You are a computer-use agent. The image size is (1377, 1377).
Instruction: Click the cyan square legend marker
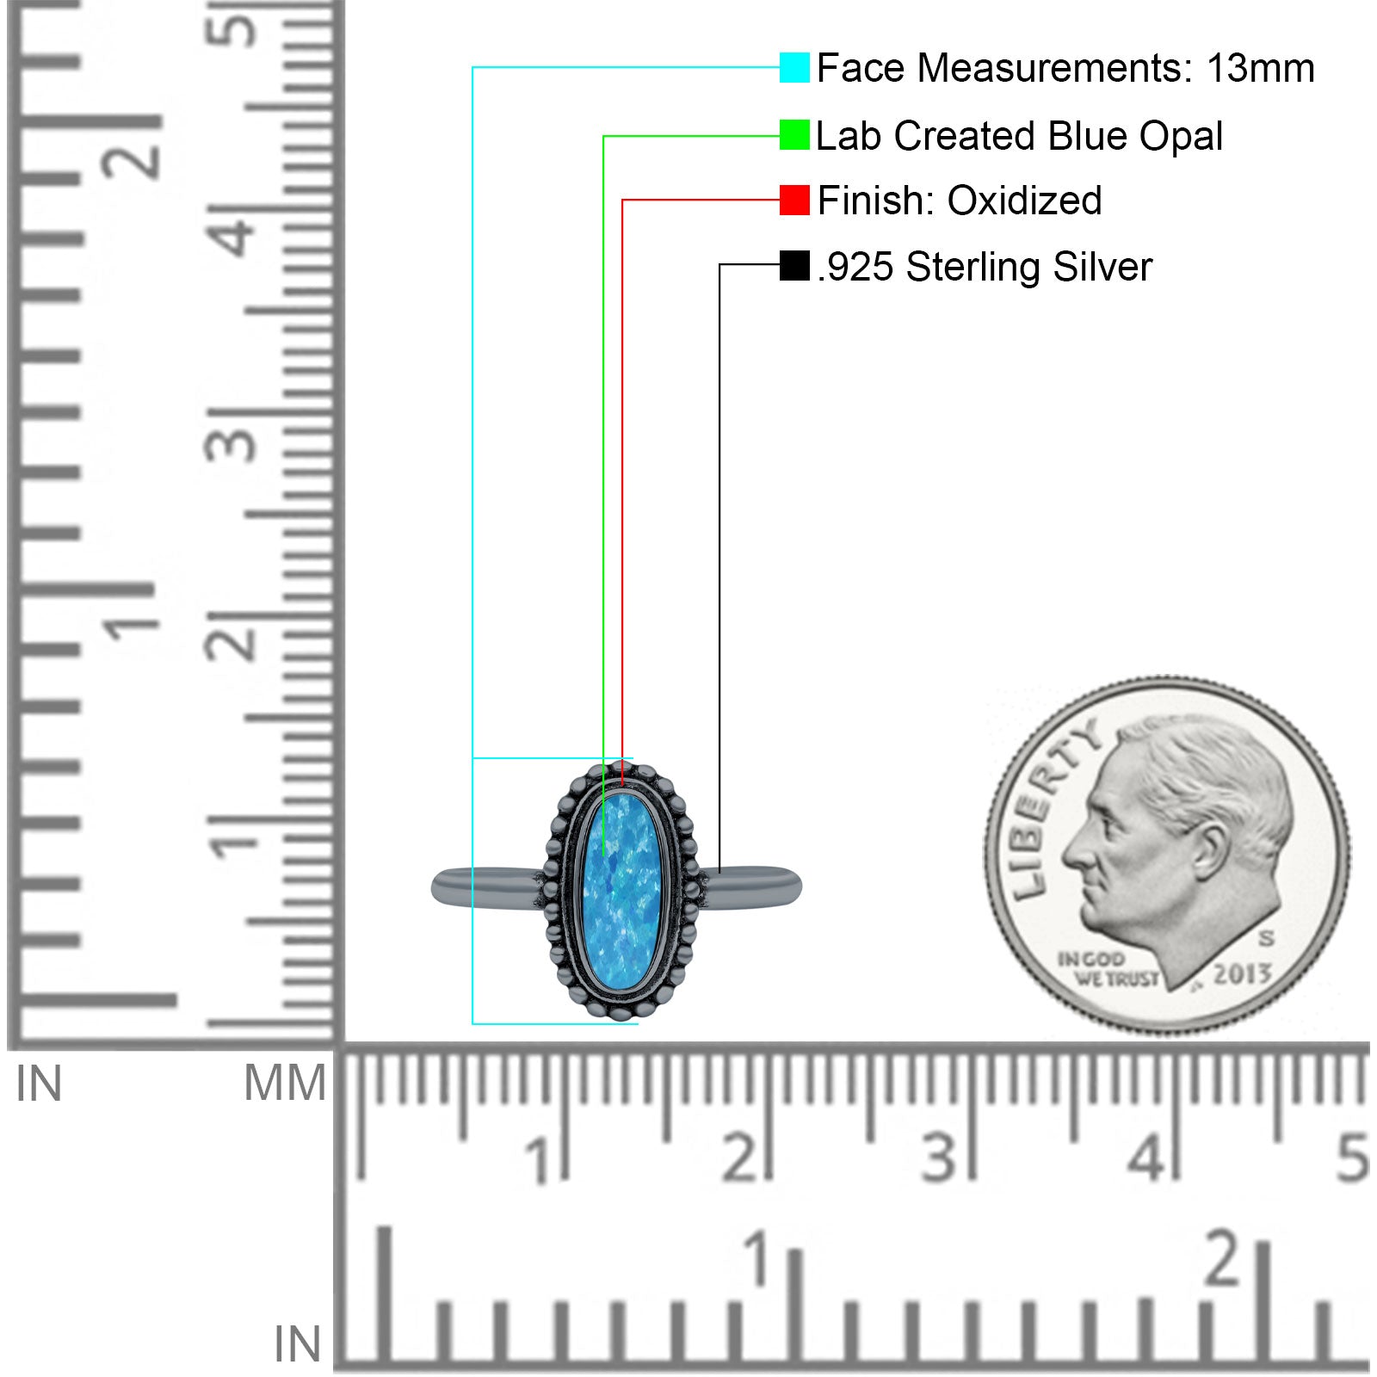[794, 67]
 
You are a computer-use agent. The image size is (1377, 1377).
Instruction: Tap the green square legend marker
[794, 135]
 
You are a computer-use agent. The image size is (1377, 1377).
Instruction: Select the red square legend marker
[794, 200]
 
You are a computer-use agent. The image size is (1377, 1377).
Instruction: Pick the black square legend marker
[794, 265]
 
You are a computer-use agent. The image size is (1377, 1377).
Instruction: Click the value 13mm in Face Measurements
[1260, 68]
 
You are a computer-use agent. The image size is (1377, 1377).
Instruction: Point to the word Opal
[1181, 136]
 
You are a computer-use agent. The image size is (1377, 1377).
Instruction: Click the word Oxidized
[1024, 201]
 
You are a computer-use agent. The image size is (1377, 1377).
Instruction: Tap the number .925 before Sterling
[856, 267]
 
